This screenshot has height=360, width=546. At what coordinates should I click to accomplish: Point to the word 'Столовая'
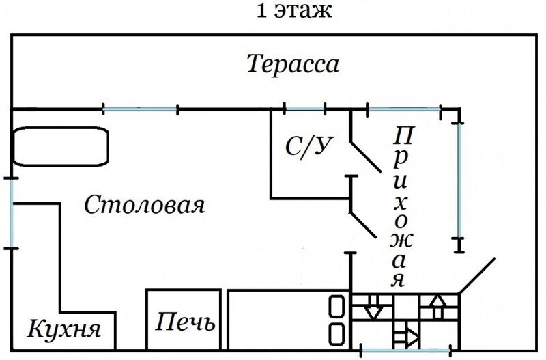145,205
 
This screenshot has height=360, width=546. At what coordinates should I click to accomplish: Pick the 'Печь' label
184,322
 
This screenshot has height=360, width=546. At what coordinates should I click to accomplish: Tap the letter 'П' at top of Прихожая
404,134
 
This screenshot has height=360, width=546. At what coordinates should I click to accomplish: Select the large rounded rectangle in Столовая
60,146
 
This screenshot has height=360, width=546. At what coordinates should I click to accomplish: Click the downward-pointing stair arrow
373,308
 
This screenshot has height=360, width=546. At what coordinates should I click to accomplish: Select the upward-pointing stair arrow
436,306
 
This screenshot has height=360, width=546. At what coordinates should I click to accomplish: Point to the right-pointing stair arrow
408,335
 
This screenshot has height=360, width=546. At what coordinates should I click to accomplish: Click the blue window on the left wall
12,212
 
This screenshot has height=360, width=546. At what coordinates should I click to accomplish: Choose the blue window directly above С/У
304,109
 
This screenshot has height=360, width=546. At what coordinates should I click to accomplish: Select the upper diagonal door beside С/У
364,156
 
